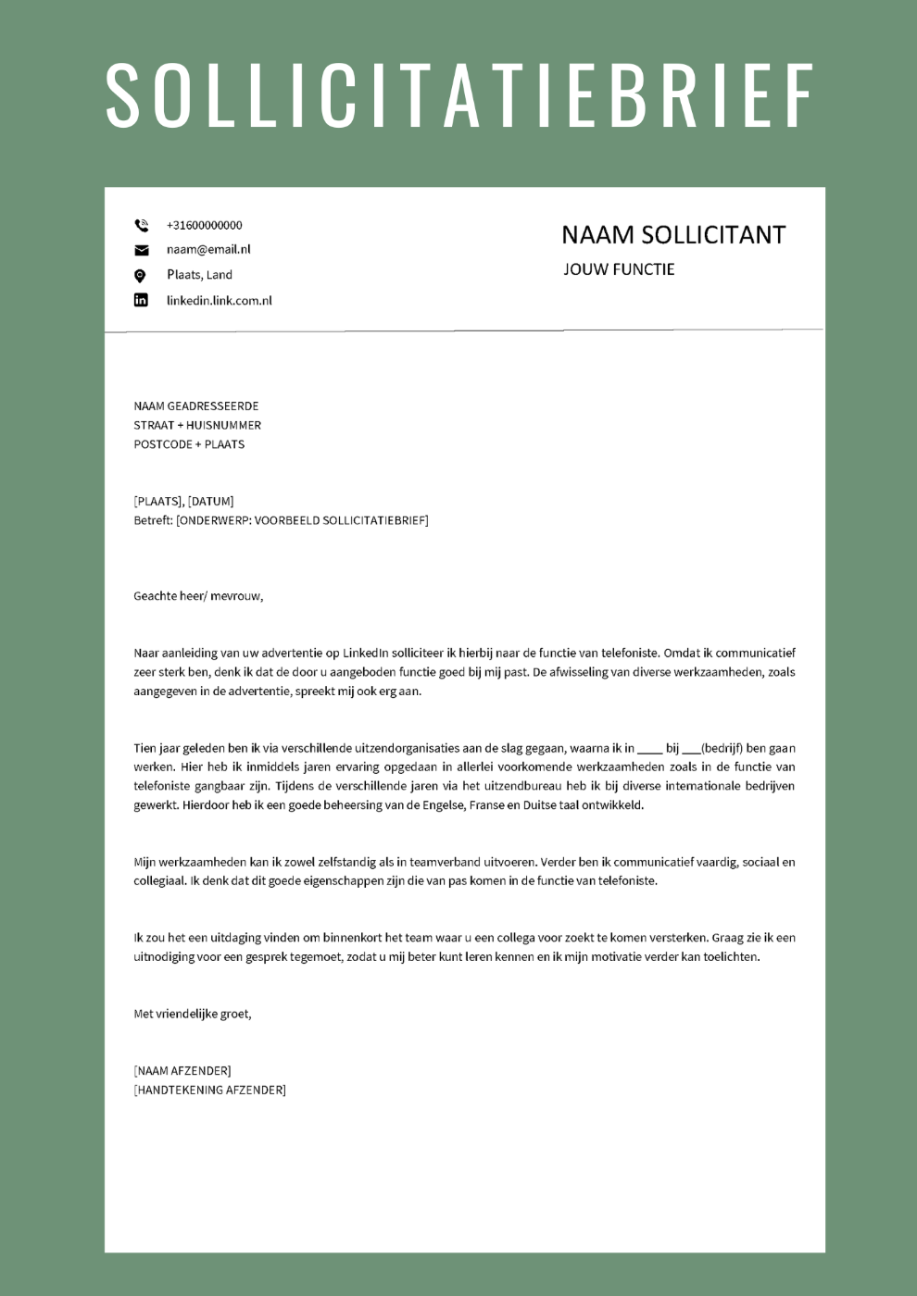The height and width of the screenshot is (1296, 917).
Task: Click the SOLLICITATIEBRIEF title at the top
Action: pos(459,95)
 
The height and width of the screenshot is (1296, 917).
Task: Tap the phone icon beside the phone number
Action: pos(141,225)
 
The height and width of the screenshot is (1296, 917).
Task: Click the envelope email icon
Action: pos(141,250)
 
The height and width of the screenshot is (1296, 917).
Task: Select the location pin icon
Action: pos(140,275)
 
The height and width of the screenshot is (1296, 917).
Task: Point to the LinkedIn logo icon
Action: pos(141,300)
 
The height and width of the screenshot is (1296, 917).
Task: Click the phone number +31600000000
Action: pos(204,225)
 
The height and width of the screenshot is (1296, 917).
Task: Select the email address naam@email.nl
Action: pos(208,249)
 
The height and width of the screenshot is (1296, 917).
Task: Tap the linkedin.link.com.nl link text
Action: pos(219,300)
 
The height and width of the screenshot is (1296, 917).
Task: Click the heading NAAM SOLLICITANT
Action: pos(673,235)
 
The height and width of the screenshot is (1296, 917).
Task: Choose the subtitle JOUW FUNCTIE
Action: pos(619,269)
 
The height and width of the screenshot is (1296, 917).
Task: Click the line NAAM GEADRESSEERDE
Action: pos(196,405)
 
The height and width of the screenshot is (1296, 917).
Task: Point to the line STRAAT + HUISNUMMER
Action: pos(197,425)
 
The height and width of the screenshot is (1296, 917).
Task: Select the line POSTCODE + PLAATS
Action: pos(189,444)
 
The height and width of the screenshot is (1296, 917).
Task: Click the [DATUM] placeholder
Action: pos(211,501)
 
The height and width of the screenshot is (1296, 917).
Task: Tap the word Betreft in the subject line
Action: pos(153,520)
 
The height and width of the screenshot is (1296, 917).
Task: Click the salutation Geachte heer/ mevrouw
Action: pos(198,596)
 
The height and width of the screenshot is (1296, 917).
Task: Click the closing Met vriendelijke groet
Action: pos(193,1014)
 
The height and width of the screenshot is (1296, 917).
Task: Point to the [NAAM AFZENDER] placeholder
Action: pos(182,1071)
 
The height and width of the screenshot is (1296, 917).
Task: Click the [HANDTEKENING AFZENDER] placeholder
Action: pos(210,1090)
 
